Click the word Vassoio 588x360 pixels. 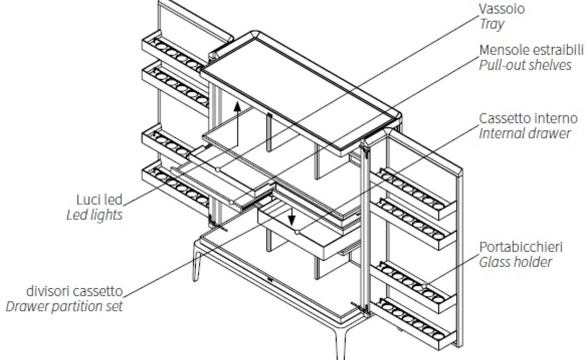click(502, 9)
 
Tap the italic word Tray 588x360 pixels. click(492, 24)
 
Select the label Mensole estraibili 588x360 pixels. click(531, 50)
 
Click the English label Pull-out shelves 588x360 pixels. click(525, 65)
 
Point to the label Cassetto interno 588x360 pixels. click(528, 119)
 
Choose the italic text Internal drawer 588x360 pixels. click(525, 134)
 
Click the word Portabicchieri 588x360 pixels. click(521, 247)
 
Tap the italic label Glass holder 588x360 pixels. click(515, 262)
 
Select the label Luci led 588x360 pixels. click(100, 200)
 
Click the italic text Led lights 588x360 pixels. click(94, 215)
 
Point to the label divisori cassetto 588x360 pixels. click(75, 291)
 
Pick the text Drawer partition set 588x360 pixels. click(64, 307)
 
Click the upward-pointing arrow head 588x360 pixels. click(237, 106)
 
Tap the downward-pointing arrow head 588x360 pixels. click(292, 220)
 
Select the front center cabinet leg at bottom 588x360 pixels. click(341, 343)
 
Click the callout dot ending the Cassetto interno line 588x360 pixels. click(297, 232)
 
